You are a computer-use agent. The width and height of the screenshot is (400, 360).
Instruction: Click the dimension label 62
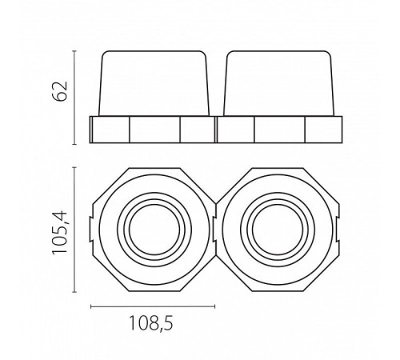click(x=59, y=91)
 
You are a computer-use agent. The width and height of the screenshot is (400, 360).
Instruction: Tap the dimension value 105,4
click(x=60, y=233)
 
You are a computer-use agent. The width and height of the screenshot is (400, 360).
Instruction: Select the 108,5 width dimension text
click(x=150, y=324)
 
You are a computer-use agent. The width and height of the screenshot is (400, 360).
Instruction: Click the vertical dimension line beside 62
click(x=74, y=98)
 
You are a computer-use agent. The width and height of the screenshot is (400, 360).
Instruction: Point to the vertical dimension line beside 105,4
click(x=74, y=230)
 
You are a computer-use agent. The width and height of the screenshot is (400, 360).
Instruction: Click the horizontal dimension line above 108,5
click(x=153, y=306)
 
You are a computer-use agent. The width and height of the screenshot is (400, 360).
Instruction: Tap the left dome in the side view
click(x=154, y=83)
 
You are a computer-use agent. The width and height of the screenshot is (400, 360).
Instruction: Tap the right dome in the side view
click(x=279, y=83)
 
